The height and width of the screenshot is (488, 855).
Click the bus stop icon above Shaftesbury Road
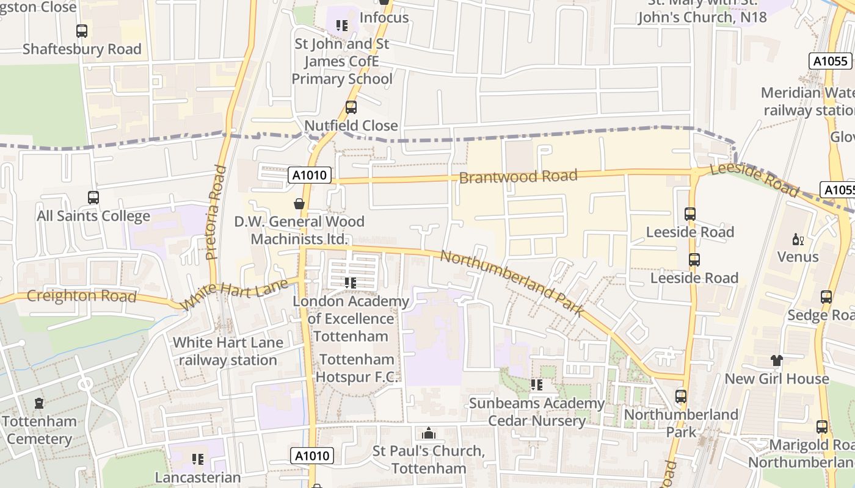point(81,31)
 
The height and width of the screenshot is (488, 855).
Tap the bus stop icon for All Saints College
point(93,198)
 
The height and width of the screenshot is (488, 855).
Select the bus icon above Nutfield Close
point(351,107)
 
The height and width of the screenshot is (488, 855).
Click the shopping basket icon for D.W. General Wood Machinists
point(299,204)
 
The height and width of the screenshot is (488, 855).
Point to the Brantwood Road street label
point(518,177)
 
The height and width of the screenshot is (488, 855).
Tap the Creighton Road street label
point(81,296)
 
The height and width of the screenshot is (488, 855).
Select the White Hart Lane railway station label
point(228,351)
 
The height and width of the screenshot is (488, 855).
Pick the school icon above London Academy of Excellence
point(350,282)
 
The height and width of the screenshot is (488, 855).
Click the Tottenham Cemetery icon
point(39,403)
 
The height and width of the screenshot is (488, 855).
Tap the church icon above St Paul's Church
point(429,433)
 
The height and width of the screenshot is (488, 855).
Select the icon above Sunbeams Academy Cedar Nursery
point(536,385)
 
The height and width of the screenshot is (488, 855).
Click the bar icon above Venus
point(797,239)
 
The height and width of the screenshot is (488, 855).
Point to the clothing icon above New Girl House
point(776,361)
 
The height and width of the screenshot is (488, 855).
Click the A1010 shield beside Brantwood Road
point(310,176)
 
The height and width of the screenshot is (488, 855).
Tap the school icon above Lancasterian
point(197,459)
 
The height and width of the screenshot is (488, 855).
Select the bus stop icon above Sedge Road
point(826,297)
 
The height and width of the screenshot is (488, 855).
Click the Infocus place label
point(384,18)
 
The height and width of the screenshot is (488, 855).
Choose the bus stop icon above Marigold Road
point(822,427)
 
